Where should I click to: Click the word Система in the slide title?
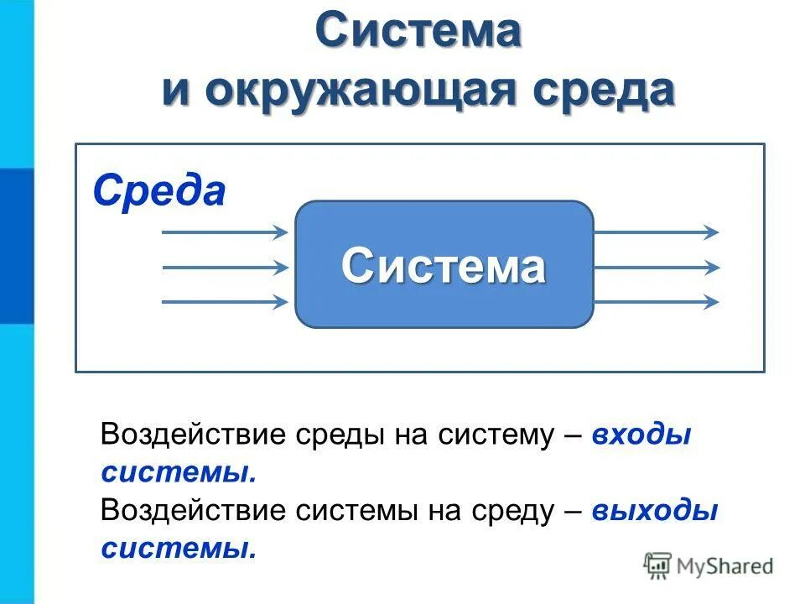coord(418,32)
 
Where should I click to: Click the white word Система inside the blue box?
coord(444,266)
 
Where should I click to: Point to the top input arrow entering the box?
coord(224,232)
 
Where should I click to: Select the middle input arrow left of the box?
coord(224,268)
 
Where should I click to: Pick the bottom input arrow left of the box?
coord(224,302)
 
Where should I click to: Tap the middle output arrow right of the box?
coord(656,268)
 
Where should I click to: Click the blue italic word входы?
coord(641,435)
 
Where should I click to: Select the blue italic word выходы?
coord(654,511)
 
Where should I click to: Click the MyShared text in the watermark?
coord(724,566)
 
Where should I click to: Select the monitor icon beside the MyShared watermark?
coord(658,565)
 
